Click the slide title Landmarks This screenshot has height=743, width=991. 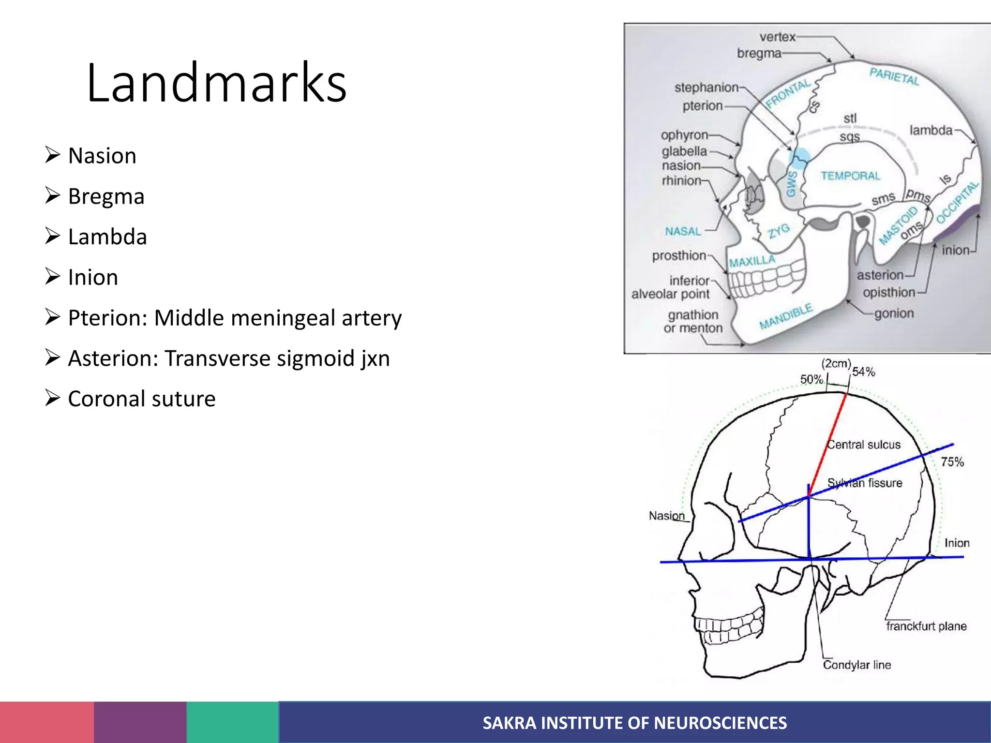216,83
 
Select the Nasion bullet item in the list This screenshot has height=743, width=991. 102,156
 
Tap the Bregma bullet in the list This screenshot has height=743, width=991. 106,196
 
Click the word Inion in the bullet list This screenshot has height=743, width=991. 93,278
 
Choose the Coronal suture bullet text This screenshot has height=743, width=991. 141,399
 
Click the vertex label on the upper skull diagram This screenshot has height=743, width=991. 777,37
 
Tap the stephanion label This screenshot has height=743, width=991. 706,88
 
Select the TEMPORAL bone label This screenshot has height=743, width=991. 850,176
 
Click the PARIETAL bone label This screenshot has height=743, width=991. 894,76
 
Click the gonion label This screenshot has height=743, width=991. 894,313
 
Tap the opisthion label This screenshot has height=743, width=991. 889,292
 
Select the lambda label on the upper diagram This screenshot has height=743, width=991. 931,130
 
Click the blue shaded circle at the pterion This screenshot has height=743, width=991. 799,157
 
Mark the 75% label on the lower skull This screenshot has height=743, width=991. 952,462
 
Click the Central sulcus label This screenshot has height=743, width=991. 864,445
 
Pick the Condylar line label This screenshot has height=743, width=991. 856,665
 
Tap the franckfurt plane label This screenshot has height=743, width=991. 926,626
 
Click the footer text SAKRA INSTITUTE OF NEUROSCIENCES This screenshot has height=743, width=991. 634,723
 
